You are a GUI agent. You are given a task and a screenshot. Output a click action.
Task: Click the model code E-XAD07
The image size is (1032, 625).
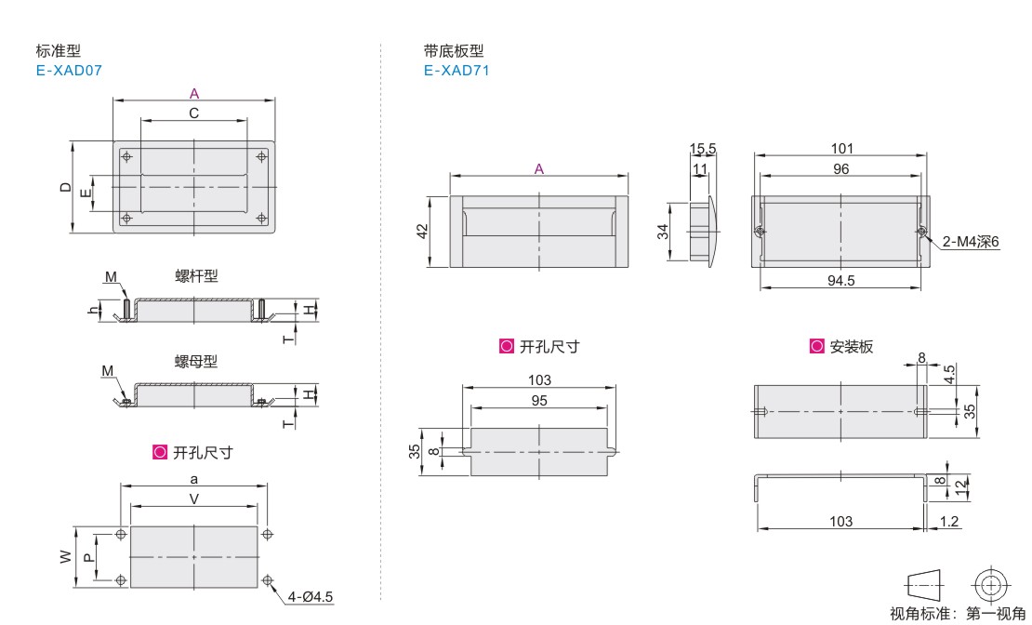click(69, 71)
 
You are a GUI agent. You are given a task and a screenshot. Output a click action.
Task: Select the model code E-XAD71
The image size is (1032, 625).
click(456, 71)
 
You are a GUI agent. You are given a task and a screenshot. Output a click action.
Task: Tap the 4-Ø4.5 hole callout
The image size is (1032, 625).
click(310, 597)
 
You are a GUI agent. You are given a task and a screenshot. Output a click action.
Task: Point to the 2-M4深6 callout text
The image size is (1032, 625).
click(970, 242)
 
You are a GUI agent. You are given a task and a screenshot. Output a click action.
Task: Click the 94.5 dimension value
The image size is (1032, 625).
click(840, 281)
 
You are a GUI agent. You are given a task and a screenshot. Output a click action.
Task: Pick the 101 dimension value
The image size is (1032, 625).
click(841, 148)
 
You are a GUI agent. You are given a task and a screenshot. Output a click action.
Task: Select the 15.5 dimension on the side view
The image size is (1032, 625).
click(702, 150)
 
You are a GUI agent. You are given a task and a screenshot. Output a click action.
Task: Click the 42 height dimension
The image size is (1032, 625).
click(422, 232)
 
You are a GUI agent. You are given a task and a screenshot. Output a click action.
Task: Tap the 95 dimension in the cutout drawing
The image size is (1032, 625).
click(539, 401)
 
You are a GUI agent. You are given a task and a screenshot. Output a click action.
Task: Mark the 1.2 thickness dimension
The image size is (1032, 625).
click(948, 522)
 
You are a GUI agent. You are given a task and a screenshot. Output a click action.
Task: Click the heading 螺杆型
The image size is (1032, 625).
click(196, 276)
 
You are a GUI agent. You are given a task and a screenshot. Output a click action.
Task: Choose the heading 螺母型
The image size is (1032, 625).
click(195, 362)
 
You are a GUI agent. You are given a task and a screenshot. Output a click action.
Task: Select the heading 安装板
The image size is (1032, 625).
click(851, 346)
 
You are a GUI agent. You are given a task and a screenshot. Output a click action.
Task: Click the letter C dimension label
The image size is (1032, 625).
click(194, 113)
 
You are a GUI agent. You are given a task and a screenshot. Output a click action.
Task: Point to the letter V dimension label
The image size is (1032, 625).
click(194, 499)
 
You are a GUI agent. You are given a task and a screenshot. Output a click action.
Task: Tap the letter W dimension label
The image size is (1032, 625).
click(66, 557)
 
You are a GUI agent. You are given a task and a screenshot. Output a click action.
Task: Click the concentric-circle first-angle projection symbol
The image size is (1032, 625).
click(991, 584)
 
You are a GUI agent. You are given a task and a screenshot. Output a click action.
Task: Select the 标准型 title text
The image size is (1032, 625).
click(59, 51)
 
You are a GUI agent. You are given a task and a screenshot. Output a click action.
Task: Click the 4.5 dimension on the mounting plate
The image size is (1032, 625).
click(948, 374)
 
